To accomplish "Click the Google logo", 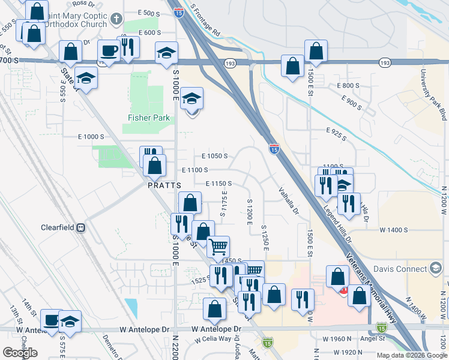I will (x=20, y=353).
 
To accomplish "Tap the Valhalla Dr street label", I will (x=289, y=200).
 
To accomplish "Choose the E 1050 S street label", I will (x=214, y=156).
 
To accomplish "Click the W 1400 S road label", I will (x=393, y=230).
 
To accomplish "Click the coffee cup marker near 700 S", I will (x=109, y=52).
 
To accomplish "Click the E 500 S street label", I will (x=149, y=12).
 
